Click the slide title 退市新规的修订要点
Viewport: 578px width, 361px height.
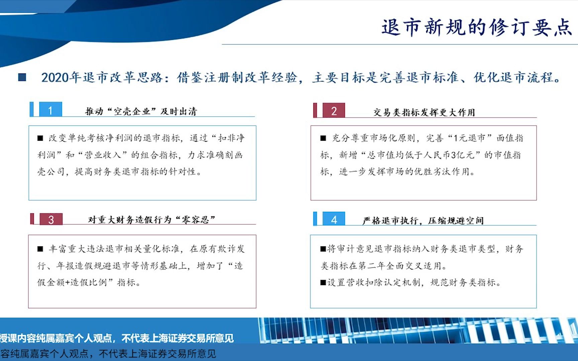[x=477, y=27]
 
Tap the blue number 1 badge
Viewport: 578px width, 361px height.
[x=51, y=109]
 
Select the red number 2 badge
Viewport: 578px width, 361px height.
[x=334, y=110]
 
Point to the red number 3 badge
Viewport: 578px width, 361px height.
[x=51, y=219]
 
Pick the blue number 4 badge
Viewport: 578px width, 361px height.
[x=334, y=219]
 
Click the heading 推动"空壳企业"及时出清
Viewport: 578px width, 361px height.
[x=141, y=111]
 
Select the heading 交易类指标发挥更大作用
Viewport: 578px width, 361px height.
[x=424, y=112]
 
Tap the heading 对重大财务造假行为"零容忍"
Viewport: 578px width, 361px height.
[x=152, y=220]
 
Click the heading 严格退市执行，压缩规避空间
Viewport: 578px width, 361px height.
[x=423, y=221]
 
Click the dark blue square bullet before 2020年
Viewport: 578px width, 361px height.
[x=22, y=77]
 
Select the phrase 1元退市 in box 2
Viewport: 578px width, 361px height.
[x=470, y=138]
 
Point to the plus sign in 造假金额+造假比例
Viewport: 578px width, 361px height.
[x=68, y=282]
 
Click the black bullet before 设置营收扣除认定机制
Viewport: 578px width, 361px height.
[x=323, y=283]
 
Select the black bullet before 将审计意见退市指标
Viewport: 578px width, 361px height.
[x=323, y=249]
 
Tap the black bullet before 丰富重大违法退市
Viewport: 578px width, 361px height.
[x=40, y=249]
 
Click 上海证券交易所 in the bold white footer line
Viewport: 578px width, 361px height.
[x=178, y=338]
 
